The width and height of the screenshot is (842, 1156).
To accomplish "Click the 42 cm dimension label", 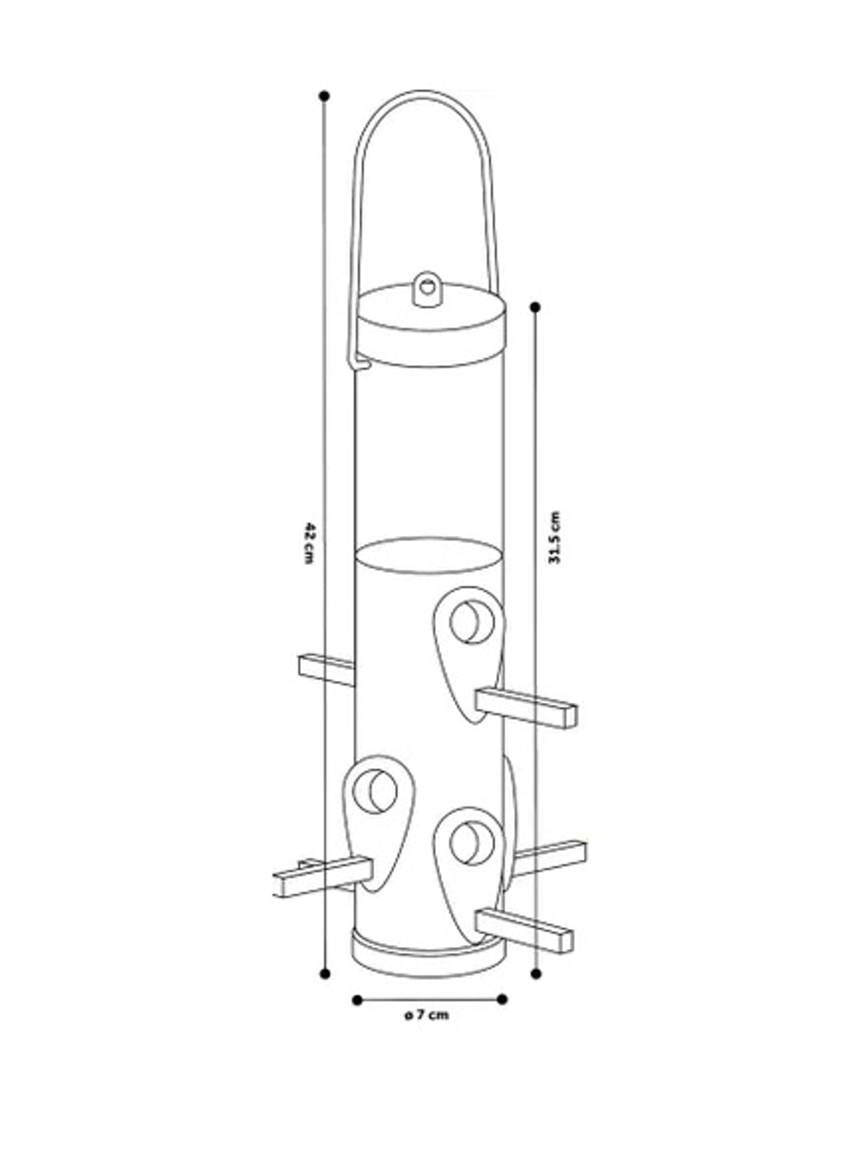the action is pyautogui.click(x=308, y=543).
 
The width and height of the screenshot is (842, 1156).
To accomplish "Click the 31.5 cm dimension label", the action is pyautogui.click(x=554, y=537).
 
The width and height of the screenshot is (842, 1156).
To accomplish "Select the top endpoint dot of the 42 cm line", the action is pyautogui.click(x=324, y=96).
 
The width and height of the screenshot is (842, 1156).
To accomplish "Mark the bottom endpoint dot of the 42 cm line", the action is pyautogui.click(x=325, y=973).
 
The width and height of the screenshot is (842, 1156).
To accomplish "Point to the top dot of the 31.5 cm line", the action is pyautogui.click(x=535, y=307).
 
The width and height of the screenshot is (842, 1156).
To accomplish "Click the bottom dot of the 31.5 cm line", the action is pyautogui.click(x=536, y=973).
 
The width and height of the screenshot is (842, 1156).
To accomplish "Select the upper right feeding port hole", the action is pyautogui.click(x=472, y=622).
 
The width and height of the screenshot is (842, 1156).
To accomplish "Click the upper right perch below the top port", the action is pyautogui.click(x=526, y=707).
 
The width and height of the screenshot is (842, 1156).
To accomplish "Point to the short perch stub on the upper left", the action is pyautogui.click(x=326, y=670).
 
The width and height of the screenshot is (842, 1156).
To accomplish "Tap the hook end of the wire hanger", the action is pyautogui.click(x=360, y=365).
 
